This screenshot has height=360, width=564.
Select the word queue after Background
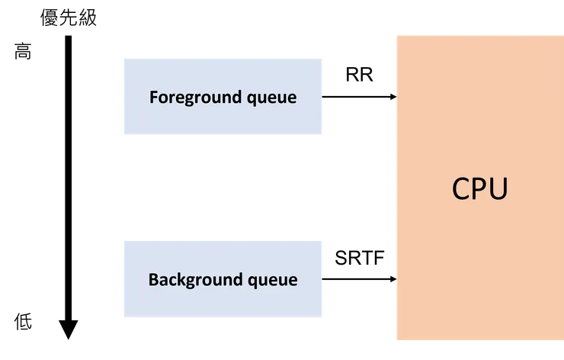pyautogui.click(x=272, y=279)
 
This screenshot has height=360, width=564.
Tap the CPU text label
pyautogui.click(x=479, y=188)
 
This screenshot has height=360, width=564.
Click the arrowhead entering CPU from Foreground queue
pyautogui.click(x=393, y=97)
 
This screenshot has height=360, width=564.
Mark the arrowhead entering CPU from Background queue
pyautogui.click(x=393, y=280)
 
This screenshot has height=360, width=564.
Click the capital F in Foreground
pyautogui.click(x=153, y=98)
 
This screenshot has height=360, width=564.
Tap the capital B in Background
pyautogui.click(x=152, y=279)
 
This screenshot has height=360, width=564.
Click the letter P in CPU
pyautogui.click(x=480, y=188)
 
